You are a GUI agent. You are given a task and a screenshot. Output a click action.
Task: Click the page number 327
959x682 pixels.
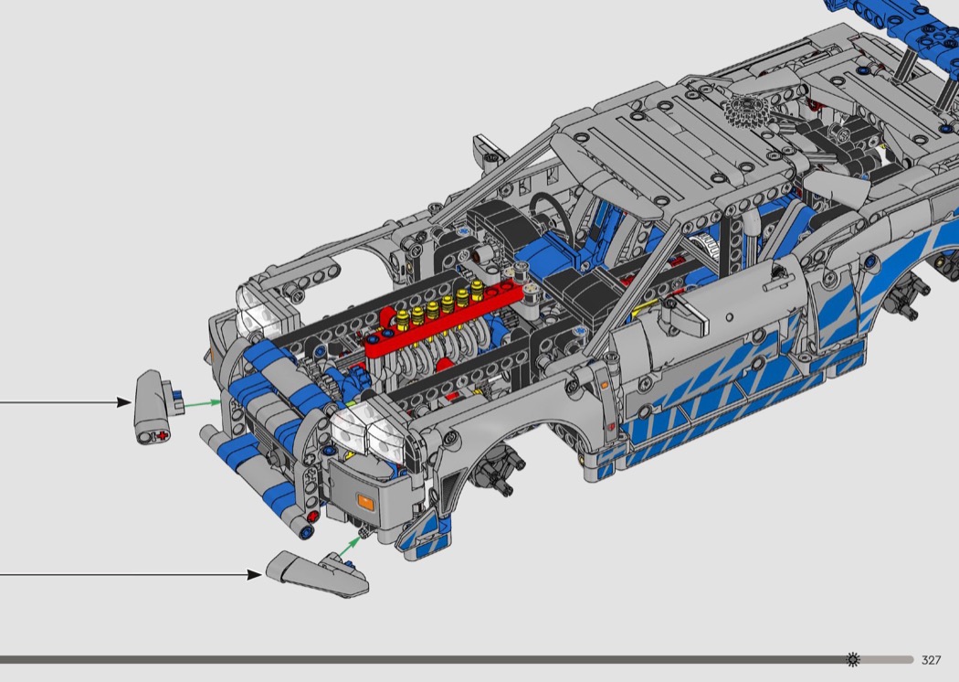931,660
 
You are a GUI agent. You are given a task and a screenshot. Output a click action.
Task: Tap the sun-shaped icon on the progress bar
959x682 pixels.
852,660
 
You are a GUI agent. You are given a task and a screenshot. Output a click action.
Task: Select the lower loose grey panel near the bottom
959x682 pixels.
317,573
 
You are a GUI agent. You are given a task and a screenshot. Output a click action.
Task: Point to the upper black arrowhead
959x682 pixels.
124,402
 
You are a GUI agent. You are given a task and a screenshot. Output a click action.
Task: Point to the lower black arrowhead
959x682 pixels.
255,574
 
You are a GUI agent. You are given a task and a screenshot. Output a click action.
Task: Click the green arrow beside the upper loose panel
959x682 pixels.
203,403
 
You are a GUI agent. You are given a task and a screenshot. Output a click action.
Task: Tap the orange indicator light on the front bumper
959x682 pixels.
365,503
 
